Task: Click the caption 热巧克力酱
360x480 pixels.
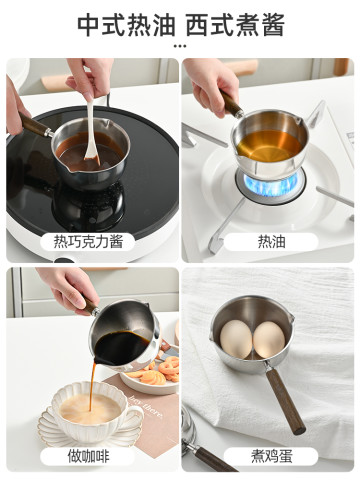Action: tap(88, 241)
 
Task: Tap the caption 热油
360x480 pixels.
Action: tap(271, 241)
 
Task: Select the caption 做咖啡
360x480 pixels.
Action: tap(88, 456)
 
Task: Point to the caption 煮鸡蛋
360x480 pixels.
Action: tap(271, 456)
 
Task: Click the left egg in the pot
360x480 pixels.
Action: tap(236, 339)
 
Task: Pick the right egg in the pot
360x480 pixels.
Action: tap(269, 339)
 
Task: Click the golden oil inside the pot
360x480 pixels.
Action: tap(269, 146)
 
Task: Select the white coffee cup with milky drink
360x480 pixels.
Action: tap(93, 412)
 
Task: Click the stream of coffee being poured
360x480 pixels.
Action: tap(92, 387)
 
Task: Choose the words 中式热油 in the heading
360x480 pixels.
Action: tap(126, 25)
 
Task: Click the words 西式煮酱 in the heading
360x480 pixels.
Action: tap(235, 25)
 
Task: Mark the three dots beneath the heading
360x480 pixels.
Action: tap(180, 46)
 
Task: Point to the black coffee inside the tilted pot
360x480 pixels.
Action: tap(121, 348)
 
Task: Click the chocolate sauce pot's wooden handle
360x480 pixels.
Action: tap(33, 124)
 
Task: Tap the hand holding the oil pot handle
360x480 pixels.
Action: tap(211, 85)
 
